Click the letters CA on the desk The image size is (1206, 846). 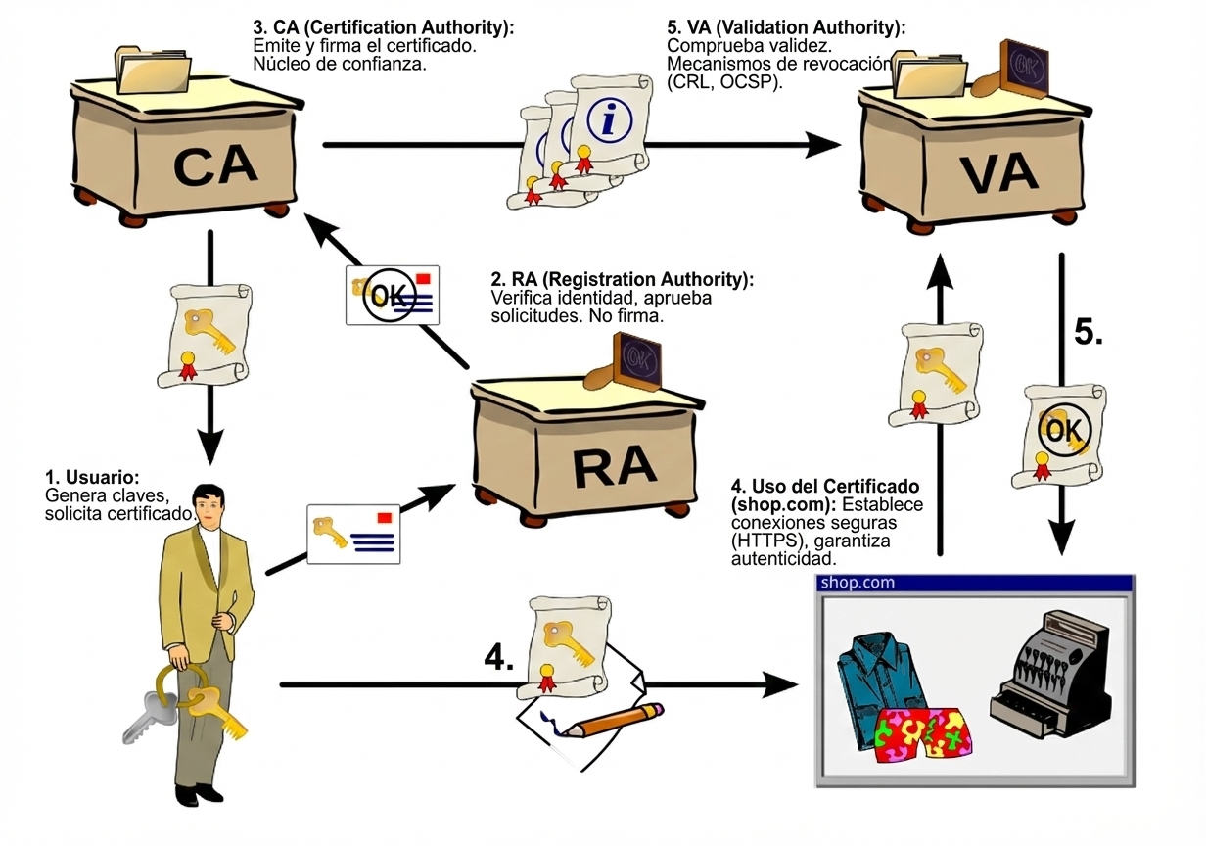[215, 164]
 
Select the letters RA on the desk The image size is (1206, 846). [614, 466]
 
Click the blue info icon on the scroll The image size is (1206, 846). [609, 120]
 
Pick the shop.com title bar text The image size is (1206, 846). [858, 583]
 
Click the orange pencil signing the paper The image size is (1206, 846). [614, 720]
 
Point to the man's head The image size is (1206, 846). [208, 504]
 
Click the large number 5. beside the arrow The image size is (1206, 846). [1088, 332]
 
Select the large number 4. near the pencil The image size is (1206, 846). [499, 658]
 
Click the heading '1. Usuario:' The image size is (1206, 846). [92, 477]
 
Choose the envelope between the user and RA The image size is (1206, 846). [353, 534]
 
